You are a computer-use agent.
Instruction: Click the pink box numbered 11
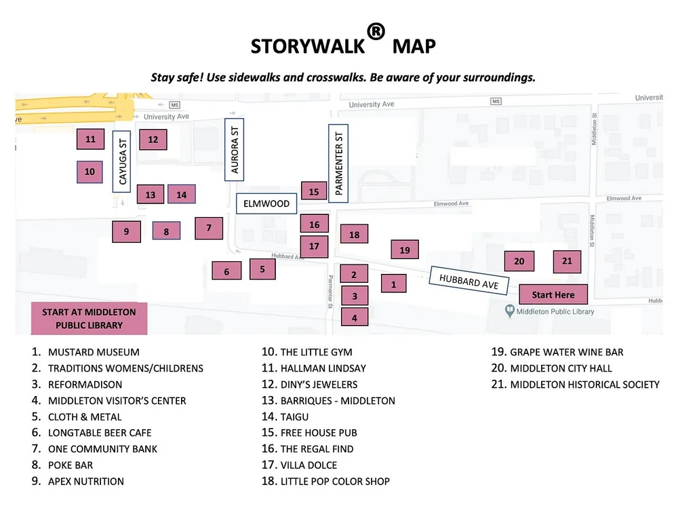click(x=91, y=140)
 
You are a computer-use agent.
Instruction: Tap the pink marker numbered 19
click(x=405, y=250)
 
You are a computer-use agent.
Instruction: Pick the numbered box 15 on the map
click(x=314, y=192)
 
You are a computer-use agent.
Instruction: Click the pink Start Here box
click(x=553, y=295)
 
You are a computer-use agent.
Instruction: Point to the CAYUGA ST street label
click(x=122, y=162)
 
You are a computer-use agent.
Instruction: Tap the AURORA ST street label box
click(x=235, y=149)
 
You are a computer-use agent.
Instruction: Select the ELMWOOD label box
click(x=266, y=203)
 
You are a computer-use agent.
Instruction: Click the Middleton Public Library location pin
click(x=509, y=311)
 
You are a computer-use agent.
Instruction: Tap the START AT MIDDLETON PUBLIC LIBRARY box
click(x=89, y=319)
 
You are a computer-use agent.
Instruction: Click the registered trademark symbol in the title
click(x=376, y=32)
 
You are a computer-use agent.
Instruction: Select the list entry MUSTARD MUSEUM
click(x=94, y=353)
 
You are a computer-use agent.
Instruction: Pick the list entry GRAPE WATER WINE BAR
click(x=566, y=353)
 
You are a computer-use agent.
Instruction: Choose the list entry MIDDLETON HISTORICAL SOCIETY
click(x=584, y=385)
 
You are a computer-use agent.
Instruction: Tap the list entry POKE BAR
click(x=71, y=465)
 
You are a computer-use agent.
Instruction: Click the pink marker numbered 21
click(x=567, y=261)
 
